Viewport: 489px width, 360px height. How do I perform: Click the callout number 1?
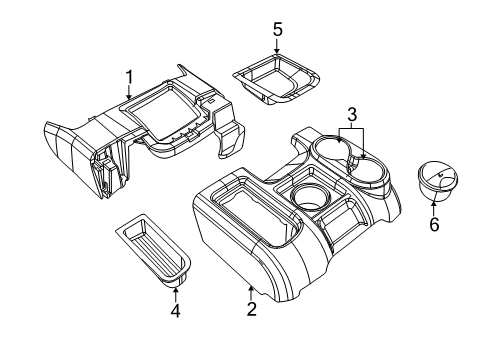tap(128, 76)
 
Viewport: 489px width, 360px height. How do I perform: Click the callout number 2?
tap(251, 309)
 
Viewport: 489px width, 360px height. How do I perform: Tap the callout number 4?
tap(174, 310)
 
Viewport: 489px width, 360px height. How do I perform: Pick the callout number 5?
tap(278, 29)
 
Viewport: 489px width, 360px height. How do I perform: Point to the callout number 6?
tap(434, 225)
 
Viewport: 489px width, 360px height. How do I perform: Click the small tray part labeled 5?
tap(277, 81)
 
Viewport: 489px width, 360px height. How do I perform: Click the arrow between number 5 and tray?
tap(278, 46)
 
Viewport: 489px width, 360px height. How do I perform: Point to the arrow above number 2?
tap(250, 290)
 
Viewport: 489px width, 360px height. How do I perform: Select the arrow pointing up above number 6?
tap(433, 207)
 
